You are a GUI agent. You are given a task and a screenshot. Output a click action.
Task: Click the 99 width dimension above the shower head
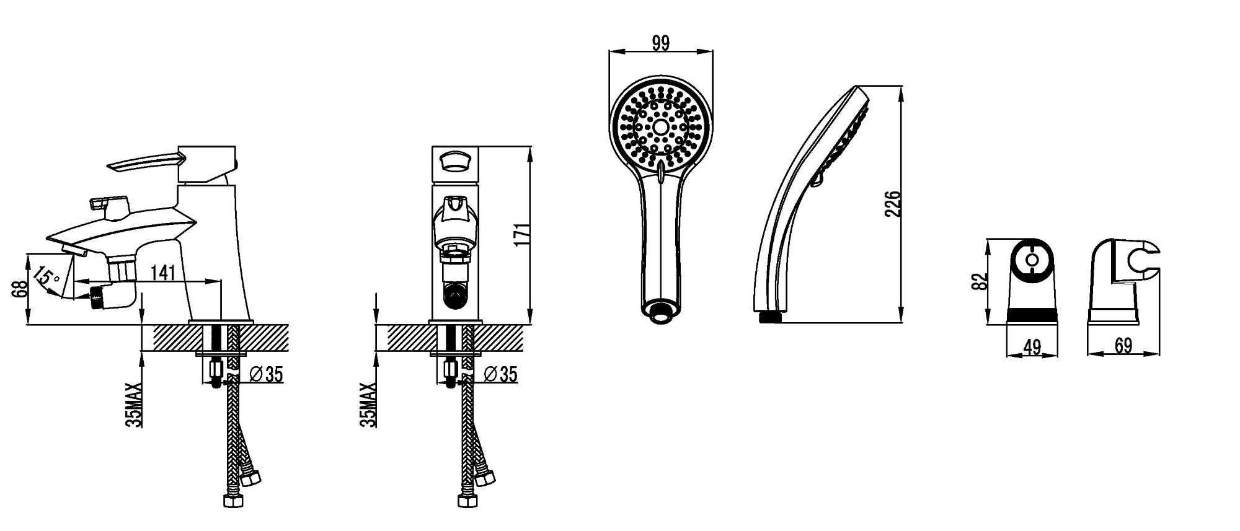pyautogui.click(x=661, y=43)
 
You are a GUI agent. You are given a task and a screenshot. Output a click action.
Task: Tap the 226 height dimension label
pyautogui.click(x=893, y=203)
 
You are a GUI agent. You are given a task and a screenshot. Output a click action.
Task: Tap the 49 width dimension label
pyautogui.click(x=1032, y=347)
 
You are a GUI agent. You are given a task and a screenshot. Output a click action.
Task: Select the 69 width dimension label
pyautogui.click(x=1123, y=346)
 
